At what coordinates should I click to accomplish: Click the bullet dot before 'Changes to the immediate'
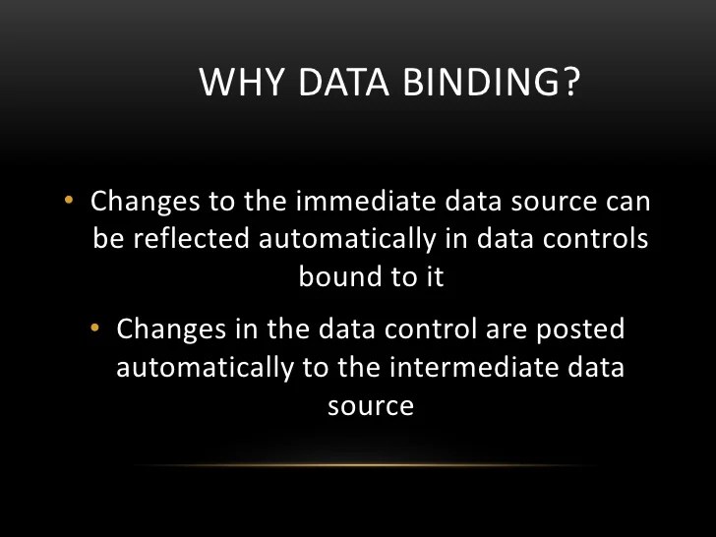click(69, 202)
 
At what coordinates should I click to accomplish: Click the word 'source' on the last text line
click(370, 405)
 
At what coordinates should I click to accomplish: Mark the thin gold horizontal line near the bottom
click(364, 464)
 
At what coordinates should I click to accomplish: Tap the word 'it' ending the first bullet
click(434, 277)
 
